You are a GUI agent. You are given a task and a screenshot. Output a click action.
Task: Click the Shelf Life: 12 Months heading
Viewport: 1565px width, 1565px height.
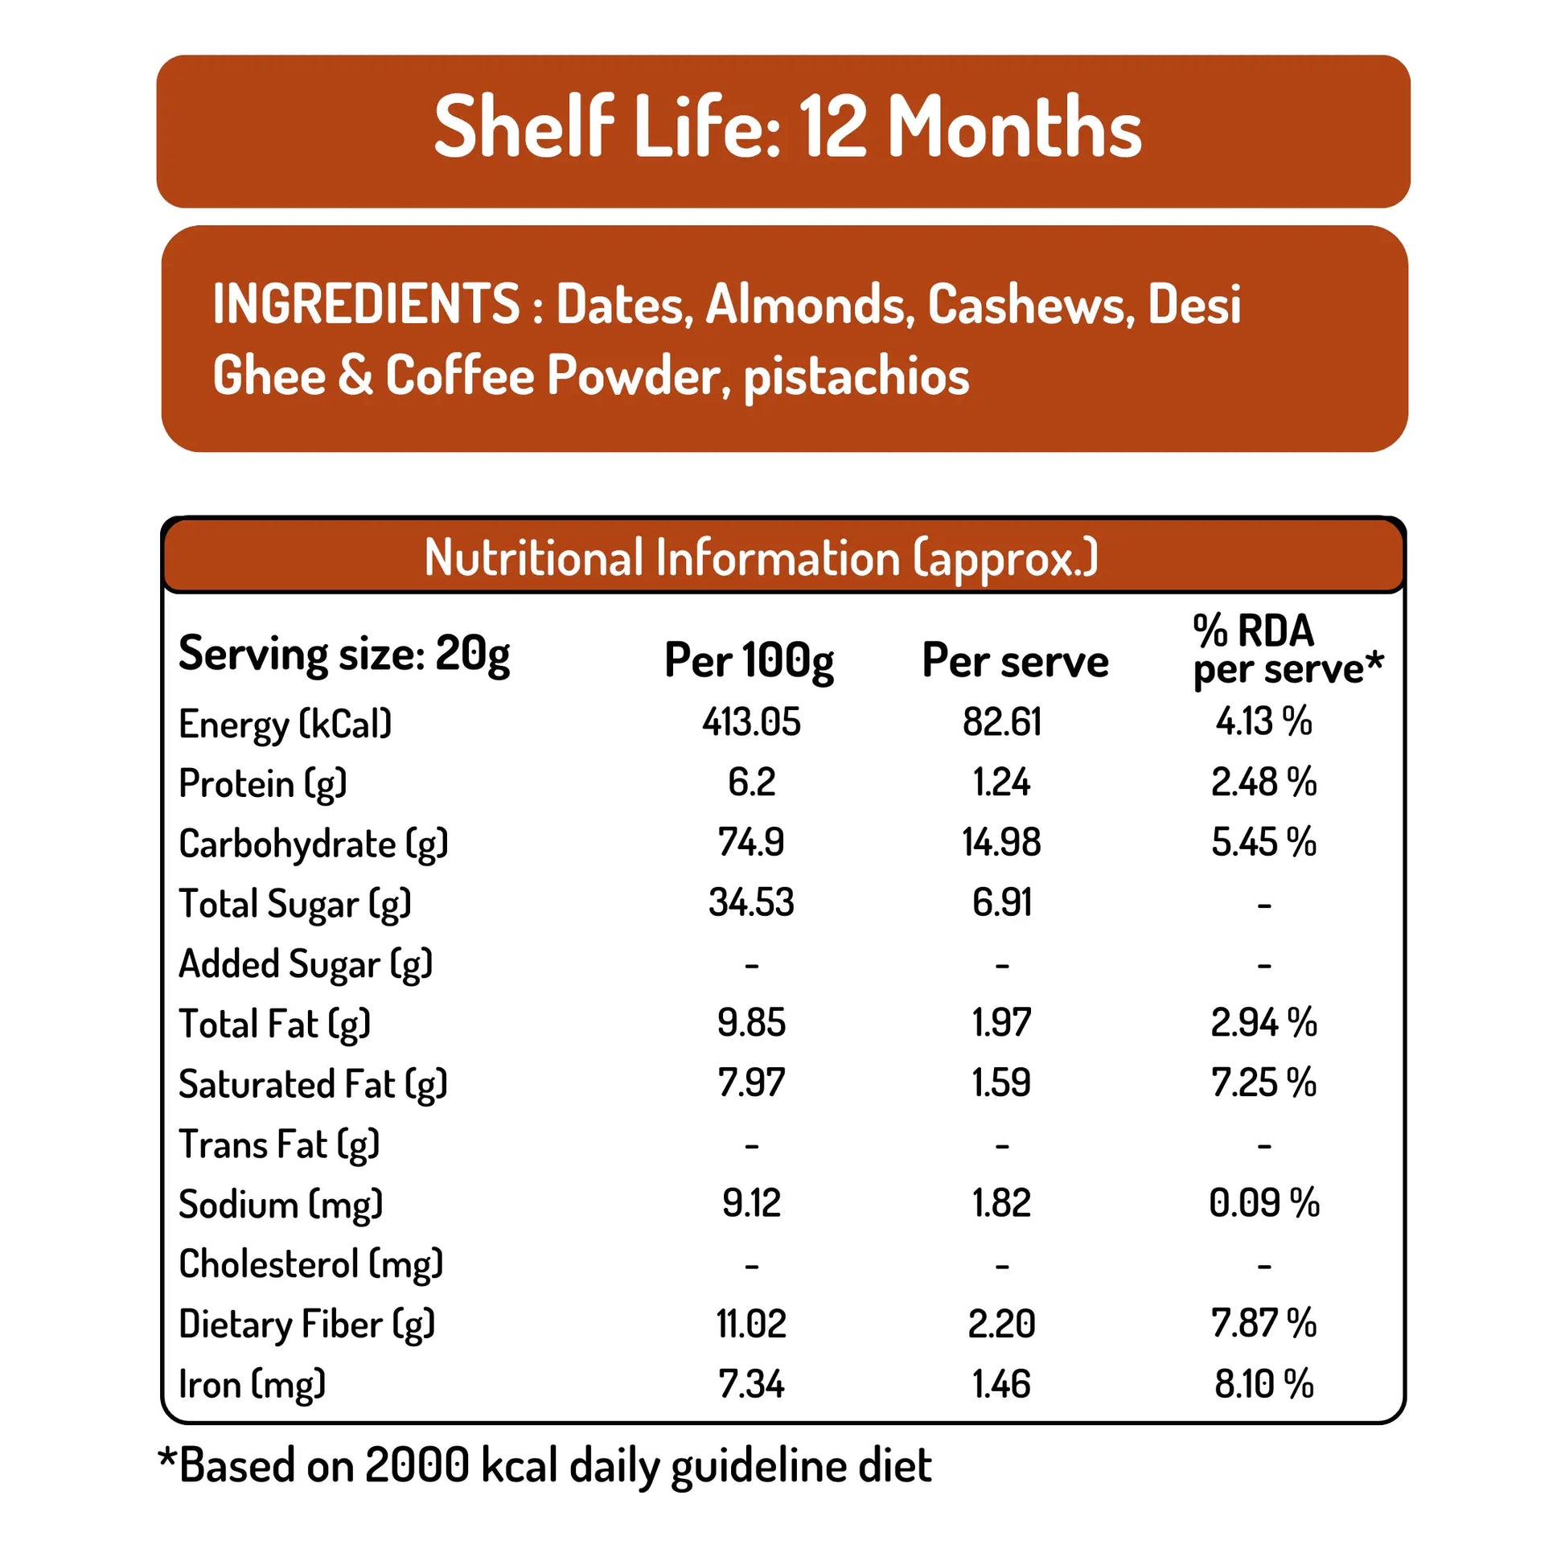click(787, 127)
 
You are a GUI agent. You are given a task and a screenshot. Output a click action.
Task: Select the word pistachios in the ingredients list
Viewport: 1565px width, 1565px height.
click(856, 376)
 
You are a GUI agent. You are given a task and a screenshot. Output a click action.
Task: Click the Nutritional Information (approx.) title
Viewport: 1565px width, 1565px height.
click(761, 557)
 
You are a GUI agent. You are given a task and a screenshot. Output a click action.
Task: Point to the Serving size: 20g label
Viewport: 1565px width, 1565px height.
click(344, 654)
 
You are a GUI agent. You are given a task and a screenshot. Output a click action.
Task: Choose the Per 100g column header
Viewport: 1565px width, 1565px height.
click(749, 660)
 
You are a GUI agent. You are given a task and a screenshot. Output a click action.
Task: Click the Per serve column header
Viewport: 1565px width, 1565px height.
click(1014, 660)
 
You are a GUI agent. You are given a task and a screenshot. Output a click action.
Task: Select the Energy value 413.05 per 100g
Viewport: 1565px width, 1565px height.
click(751, 721)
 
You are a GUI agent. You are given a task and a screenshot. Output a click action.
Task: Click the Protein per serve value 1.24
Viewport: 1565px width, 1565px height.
click(1001, 782)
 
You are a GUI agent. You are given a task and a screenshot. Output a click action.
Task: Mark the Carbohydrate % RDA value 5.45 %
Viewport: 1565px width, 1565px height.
click(1263, 843)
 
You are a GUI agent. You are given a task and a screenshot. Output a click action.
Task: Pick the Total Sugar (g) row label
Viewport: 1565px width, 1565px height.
click(295, 904)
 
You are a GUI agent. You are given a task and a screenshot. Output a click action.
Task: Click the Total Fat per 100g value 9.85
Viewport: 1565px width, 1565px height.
click(751, 1022)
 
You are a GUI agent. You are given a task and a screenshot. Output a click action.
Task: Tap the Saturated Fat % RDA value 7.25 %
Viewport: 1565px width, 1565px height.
click(1263, 1083)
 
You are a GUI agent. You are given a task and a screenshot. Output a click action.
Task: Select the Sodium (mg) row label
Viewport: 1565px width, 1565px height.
click(281, 1205)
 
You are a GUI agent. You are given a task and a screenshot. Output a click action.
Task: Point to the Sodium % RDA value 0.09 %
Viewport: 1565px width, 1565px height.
click(1263, 1203)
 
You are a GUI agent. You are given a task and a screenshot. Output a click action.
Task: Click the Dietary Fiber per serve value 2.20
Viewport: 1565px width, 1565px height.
click(1001, 1324)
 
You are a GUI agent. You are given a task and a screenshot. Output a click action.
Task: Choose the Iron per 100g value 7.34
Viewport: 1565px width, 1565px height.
click(751, 1384)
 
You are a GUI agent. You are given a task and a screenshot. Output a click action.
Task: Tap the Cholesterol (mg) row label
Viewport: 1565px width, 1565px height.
click(311, 1264)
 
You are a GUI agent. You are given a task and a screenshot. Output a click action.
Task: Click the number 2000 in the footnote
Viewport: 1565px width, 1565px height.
click(417, 1465)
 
